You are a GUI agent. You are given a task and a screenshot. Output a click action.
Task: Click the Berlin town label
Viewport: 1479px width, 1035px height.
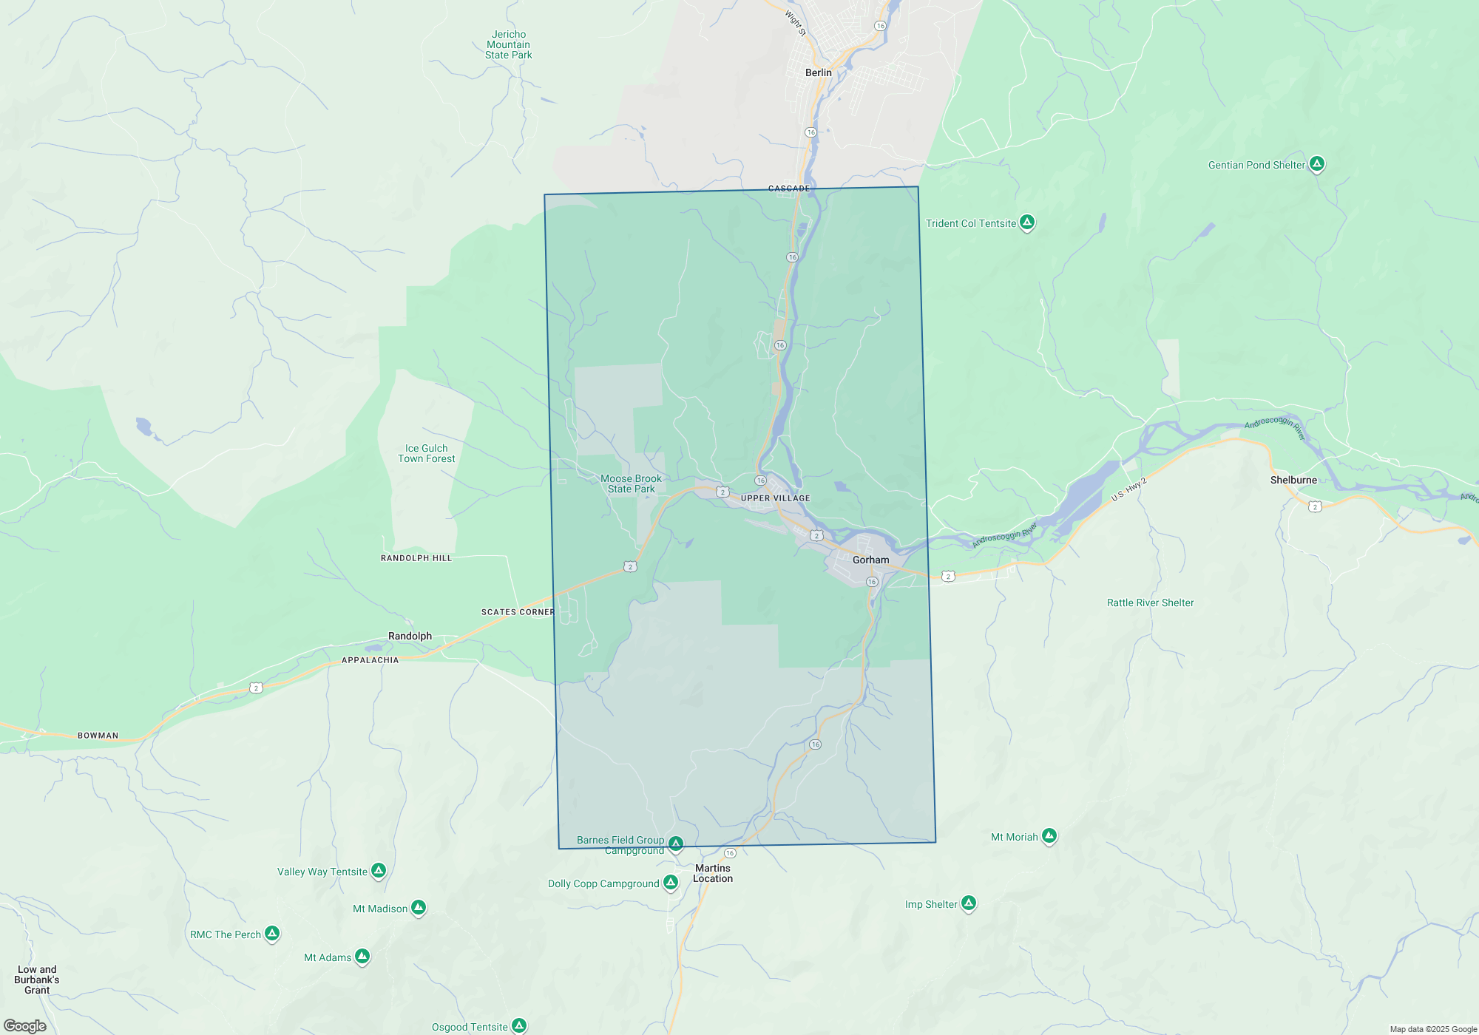(818, 72)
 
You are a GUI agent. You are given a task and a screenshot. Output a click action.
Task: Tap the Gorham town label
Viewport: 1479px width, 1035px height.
(870, 560)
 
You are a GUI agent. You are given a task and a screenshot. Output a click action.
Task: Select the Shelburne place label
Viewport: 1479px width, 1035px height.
(1293, 480)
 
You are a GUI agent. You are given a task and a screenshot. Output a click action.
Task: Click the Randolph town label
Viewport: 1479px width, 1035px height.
(410, 636)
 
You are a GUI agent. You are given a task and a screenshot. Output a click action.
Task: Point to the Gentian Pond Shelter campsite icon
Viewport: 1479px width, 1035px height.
(1316, 163)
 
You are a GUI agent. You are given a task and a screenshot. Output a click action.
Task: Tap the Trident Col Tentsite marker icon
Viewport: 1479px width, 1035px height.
(1026, 222)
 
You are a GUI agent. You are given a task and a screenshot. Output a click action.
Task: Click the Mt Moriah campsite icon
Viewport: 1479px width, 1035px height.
(1049, 835)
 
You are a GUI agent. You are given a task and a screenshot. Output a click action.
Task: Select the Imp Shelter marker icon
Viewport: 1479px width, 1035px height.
(968, 903)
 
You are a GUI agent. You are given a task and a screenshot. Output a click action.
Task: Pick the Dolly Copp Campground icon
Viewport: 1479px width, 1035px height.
(670, 882)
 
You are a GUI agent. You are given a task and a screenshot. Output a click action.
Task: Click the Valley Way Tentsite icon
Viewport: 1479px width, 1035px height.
(378, 870)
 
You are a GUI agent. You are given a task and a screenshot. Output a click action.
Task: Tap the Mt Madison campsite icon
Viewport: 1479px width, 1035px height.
(419, 907)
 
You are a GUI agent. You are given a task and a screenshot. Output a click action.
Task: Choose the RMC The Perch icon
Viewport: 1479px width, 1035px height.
(272, 933)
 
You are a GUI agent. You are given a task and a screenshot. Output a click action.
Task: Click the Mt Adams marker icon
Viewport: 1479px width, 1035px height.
(362, 956)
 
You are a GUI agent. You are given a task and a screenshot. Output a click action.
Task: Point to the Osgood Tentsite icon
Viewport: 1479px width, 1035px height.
(519, 1025)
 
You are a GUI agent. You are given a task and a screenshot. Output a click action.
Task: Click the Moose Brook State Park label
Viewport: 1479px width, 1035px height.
(631, 483)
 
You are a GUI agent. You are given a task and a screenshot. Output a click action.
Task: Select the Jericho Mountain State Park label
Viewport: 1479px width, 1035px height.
(509, 44)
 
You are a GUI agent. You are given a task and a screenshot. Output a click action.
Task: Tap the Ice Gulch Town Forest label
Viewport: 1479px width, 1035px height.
(427, 453)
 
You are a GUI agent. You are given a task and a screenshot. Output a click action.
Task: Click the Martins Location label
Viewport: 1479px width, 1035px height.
(713, 873)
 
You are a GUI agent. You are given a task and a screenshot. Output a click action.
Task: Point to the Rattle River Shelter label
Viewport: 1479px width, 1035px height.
(1150, 603)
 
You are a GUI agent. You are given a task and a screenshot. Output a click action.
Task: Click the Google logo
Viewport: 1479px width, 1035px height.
(25, 1026)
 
